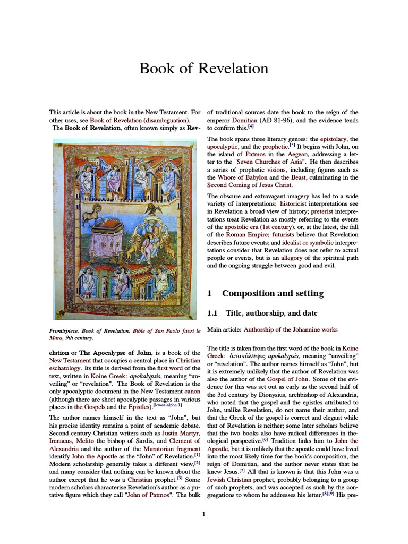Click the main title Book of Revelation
pyautogui.click(x=203, y=69)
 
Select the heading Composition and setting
pyautogui.click(x=272, y=293)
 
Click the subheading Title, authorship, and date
pyautogui.click(x=271, y=314)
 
